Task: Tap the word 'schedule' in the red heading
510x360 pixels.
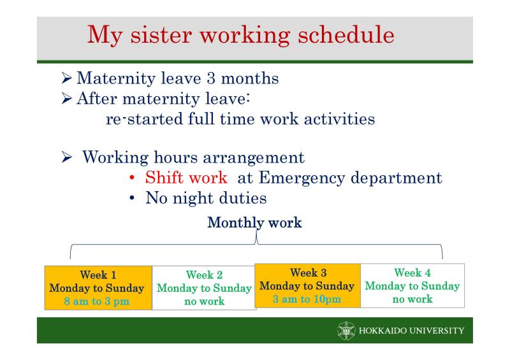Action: click(346, 34)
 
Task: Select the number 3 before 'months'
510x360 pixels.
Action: click(211, 78)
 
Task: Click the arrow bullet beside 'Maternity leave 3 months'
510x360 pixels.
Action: click(66, 78)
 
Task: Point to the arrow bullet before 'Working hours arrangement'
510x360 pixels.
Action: click(66, 157)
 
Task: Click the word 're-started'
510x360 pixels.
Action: click(145, 119)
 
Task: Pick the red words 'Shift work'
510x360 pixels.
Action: click(186, 178)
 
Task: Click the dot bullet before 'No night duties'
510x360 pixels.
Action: click(132, 198)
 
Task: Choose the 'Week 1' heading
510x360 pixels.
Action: click(98, 275)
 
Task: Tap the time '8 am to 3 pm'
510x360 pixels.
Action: click(97, 301)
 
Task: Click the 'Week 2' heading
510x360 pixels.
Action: click(204, 275)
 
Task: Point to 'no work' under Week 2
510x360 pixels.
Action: click(204, 301)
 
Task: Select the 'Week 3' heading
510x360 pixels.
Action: click(309, 273)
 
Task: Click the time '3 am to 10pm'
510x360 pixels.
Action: click(307, 299)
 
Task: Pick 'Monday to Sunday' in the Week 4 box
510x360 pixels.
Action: click(412, 286)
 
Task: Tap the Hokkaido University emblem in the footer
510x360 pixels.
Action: click(346, 331)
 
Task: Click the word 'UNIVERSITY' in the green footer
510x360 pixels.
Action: click(437, 331)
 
